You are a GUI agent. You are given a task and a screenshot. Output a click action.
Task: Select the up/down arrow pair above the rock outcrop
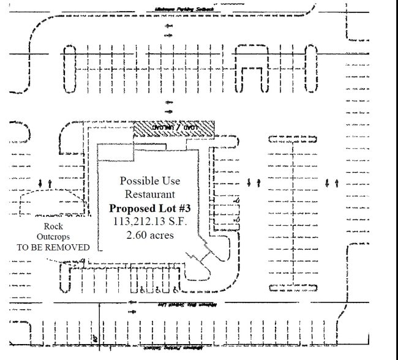45,182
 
